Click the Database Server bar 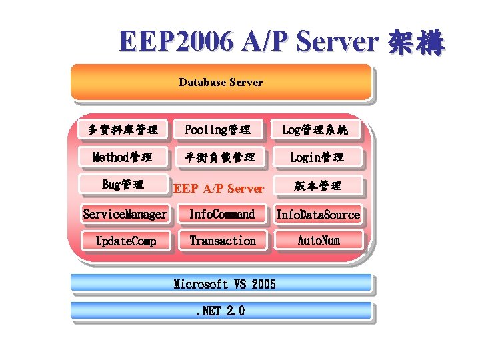pos(221,82)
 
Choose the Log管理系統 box pos(315,129)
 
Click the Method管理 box pos(123,157)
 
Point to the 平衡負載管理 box pos(219,157)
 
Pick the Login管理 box pos(317,157)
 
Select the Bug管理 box pos(123,185)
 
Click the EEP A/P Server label pos(219,189)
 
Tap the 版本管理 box pos(318,185)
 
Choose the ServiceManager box pos(125,214)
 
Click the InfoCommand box pos(222,214)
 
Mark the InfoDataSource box pos(318,214)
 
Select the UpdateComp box pos(125,241)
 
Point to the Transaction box pos(223,241)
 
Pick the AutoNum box pos(319,240)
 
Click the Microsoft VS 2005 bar pos(221,284)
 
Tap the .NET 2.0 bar pos(221,311)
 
